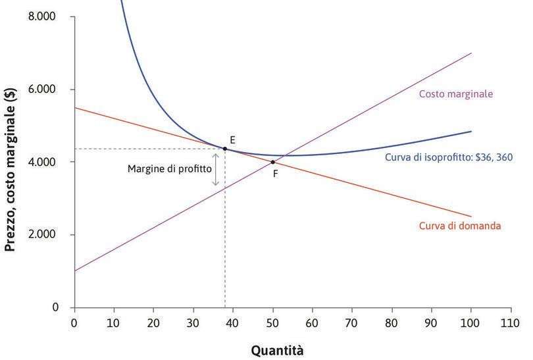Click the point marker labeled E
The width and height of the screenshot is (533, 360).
[x=225, y=149]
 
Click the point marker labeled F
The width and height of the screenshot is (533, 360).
[x=272, y=162]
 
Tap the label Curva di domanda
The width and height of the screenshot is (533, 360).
[x=460, y=226]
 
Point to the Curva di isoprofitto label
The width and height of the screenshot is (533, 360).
[x=447, y=157]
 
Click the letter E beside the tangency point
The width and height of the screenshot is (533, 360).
[x=233, y=140]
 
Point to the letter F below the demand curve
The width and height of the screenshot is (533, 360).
[x=275, y=174]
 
